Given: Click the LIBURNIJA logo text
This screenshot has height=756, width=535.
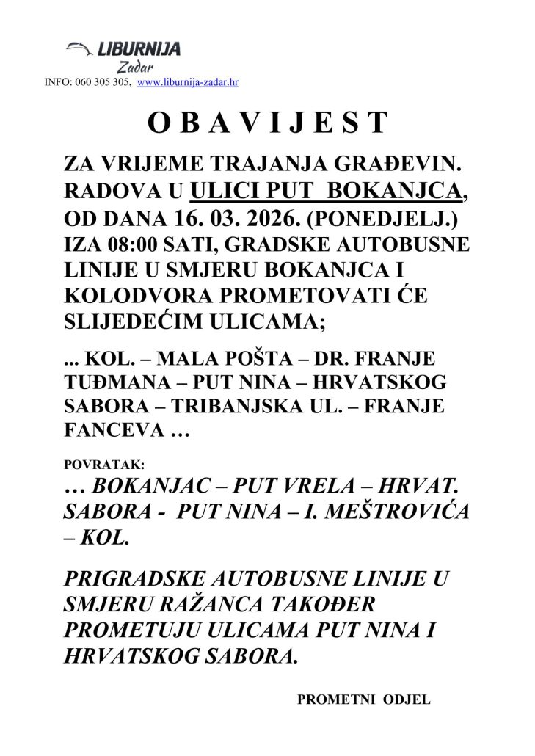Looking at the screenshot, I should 139,50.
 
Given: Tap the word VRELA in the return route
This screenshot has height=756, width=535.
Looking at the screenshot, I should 311,487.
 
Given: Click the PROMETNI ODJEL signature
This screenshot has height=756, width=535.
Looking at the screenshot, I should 363,700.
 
